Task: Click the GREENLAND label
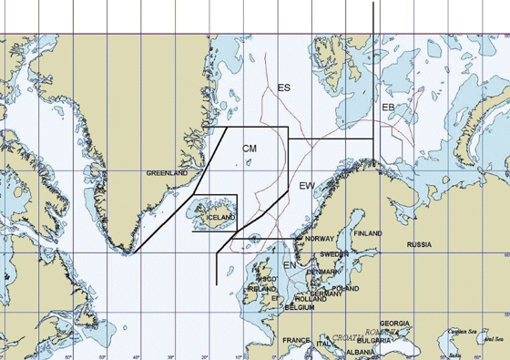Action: pyautogui.click(x=167, y=172)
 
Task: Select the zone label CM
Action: pyautogui.click(x=250, y=148)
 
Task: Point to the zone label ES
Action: pyautogui.click(x=284, y=87)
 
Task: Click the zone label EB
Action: pyautogui.click(x=388, y=108)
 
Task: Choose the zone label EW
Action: pyautogui.click(x=307, y=186)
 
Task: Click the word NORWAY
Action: pyautogui.click(x=320, y=238)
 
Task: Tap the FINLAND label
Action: pyautogui.click(x=368, y=233)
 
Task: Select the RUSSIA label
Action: pyautogui.click(x=419, y=245)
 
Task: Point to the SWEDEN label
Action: pyautogui.click(x=334, y=253)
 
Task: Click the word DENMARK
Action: pyautogui.click(x=324, y=272)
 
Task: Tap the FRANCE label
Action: pyautogui.click(x=296, y=341)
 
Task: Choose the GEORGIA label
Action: pyautogui.click(x=394, y=324)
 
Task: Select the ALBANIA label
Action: pyautogui.click(x=361, y=352)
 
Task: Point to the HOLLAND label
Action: pyautogui.click(x=311, y=299)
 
